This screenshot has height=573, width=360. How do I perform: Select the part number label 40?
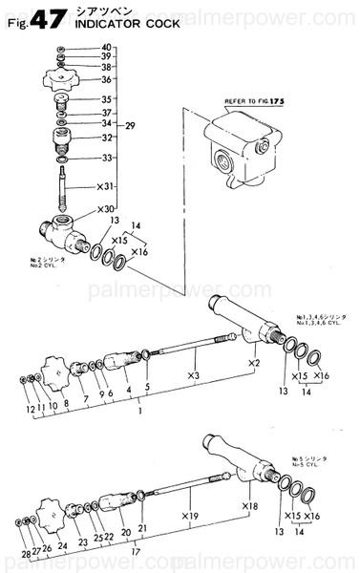point(106,48)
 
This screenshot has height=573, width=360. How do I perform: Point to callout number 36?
point(106,79)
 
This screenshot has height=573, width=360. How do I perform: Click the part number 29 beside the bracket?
point(132,125)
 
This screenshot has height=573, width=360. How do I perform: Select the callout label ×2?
point(253,364)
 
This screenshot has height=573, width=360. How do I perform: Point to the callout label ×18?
point(251,506)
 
